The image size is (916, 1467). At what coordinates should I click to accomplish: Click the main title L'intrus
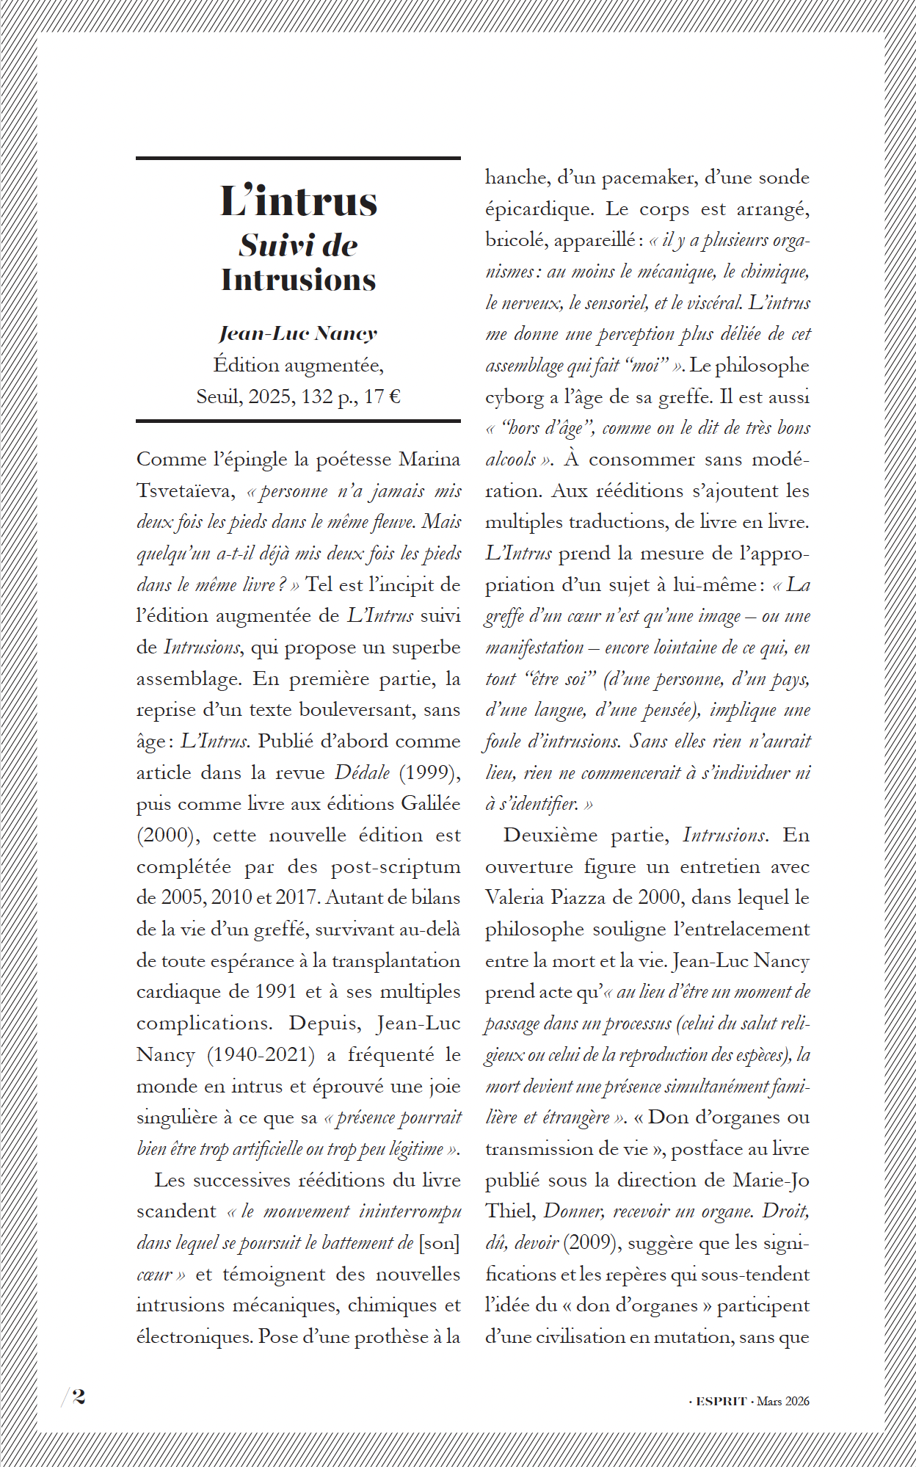click(299, 202)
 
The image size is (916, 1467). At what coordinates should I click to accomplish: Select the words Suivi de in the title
click(298, 246)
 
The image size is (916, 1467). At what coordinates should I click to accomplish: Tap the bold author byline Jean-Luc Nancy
click(298, 333)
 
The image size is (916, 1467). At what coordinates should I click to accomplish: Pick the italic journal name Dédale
click(362, 772)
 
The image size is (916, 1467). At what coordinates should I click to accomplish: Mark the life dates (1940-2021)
click(261, 1055)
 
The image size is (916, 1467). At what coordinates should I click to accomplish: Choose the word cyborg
click(515, 397)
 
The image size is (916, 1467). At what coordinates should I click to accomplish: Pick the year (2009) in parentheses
click(592, 1243)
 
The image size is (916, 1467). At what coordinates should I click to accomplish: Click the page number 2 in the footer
click(79, 1396)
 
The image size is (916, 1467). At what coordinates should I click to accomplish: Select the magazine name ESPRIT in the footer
click(721, 1401)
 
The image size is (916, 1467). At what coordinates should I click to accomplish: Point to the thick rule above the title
click(298, 158)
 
